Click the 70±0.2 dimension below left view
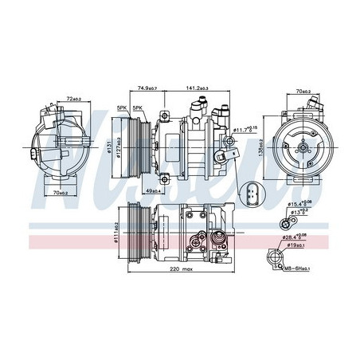tap(57, 192)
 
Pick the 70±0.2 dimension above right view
tap(300, 92)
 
